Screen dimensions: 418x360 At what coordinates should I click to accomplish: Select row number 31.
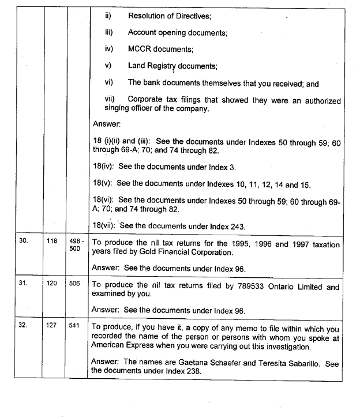tap(24, 284)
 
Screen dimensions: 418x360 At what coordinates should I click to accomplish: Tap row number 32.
tap(23, 325)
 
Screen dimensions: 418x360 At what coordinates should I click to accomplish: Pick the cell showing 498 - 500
tap(75, 246)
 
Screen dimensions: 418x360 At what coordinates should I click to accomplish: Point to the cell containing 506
tap(74, 284)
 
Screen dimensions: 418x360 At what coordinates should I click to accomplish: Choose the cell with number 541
tap(74, 325)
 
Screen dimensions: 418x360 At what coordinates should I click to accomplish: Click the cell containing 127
tap(52, 325)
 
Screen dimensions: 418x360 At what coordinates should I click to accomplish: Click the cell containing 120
tap(52, 284)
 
